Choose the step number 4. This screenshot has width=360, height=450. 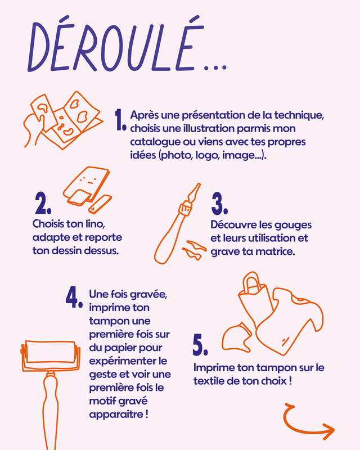coord(75,299)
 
